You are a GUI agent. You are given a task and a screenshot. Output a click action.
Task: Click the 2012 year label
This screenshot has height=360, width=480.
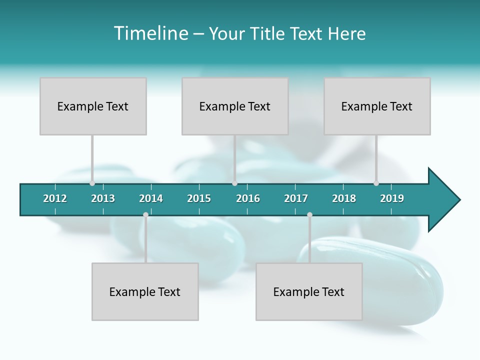[55, 198]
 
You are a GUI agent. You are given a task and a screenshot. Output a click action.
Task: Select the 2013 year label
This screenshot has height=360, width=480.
[103, 198]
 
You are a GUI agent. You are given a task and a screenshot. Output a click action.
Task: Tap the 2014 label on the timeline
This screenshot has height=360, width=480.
[151, 198]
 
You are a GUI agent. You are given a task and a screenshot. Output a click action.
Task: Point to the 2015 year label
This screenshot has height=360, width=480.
[199, 198]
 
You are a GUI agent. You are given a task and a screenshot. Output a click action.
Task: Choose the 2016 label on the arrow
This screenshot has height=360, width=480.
[248, 198]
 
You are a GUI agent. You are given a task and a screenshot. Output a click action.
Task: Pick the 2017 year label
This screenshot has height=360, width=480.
[296, 198]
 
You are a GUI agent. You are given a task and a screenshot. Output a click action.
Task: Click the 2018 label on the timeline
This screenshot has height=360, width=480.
[344, 198]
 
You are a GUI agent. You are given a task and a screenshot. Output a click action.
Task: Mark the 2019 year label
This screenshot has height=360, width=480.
[392, 198]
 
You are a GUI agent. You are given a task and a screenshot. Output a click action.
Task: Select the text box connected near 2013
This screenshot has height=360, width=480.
[93, 106]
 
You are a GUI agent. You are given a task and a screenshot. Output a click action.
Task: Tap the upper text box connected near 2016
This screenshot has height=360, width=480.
[235, 106]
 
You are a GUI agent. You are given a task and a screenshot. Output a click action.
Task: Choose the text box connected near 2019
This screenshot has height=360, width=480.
[377, 106]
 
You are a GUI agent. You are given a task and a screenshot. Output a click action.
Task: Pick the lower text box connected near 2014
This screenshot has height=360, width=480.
[145, 291]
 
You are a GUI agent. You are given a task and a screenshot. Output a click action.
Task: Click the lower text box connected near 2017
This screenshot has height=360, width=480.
[309, 291]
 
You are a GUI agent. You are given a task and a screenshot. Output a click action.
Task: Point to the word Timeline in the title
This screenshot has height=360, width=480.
[150, 33]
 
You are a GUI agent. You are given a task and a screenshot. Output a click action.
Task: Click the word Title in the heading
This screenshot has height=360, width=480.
[268, 33]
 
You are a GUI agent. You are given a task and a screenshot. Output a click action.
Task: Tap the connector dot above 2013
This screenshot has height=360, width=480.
[92, 183]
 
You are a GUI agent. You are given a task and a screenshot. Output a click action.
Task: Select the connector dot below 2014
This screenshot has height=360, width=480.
[145, 214]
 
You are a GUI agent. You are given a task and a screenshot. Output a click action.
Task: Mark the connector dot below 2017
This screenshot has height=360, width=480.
[309, 214]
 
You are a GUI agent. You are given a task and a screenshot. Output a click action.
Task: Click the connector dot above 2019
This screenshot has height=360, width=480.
[376, 183]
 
